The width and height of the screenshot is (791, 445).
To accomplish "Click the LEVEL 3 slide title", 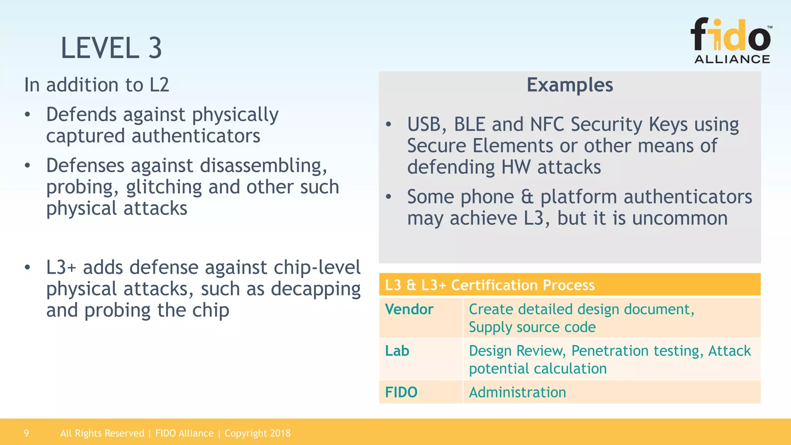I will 111,48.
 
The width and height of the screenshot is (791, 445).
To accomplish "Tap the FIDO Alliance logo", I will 731,41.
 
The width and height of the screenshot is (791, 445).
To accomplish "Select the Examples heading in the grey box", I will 570,85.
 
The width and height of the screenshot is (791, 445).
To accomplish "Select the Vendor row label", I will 409,309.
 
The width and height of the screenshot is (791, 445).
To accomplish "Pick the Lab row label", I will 397,351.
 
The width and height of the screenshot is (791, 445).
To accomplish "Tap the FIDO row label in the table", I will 401,392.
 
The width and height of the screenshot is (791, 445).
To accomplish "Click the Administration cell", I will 517,392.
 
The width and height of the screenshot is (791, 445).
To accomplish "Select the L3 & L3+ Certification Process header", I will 490,285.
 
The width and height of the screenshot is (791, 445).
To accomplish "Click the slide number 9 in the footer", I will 26,433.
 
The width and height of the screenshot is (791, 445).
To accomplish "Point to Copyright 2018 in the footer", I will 257,433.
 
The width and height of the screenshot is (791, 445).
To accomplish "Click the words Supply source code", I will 532,327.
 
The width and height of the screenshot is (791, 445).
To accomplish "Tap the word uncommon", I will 679,218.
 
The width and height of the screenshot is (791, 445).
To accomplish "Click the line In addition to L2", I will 97,85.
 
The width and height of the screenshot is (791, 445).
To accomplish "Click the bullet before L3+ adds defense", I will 27,267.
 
